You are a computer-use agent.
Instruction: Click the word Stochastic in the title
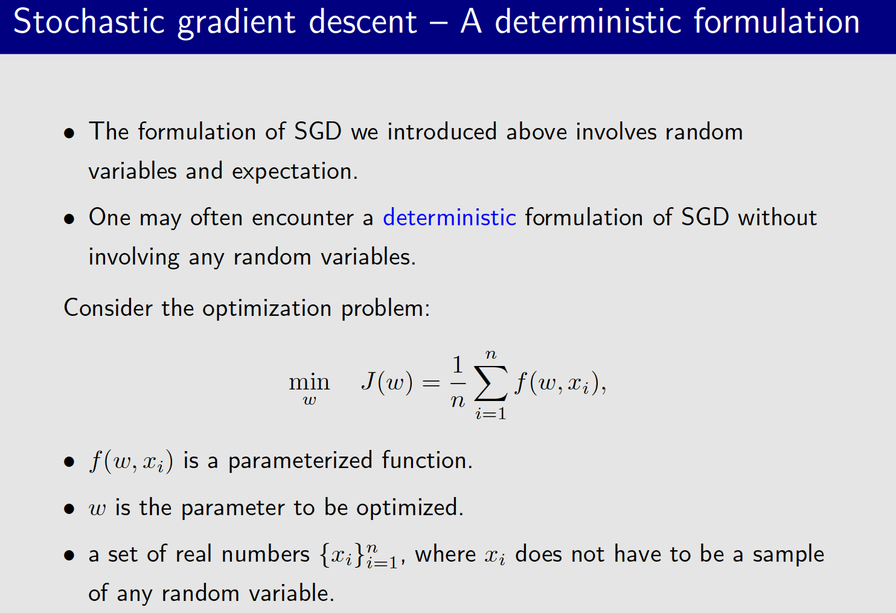(x=89, y=22)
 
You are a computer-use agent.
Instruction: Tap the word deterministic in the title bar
(x=589, y=22)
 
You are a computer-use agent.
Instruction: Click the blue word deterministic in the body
(x=449, y=217)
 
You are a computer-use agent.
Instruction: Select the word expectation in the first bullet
(x=294, y=172)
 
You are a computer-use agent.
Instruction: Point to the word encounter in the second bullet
(x=302, y=217)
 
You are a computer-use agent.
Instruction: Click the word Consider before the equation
(x=108, y=308)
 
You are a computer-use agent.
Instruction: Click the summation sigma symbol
(x=490, y=384)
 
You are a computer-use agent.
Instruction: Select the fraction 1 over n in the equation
(x=458, y=382)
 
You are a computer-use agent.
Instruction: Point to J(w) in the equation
(x=387, y=382)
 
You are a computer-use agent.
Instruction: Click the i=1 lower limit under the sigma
(x=490, y=414)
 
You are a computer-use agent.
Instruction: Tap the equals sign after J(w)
(x=431, y=383)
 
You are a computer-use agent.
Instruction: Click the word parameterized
(x=300, y=461)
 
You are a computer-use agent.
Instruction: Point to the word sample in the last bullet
(x=788, y=554)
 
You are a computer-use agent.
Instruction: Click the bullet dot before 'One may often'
(x=70, y=219)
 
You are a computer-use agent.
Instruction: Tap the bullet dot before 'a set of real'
(x=70, y=555)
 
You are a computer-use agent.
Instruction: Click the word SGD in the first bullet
(x=318, y=132)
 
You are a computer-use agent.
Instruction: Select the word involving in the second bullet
(x=133, y=257)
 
